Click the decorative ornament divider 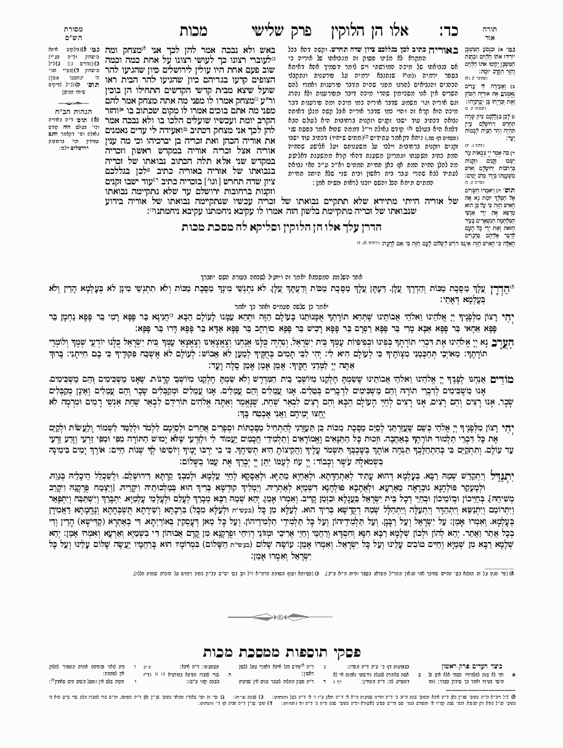tap(281, 616)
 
